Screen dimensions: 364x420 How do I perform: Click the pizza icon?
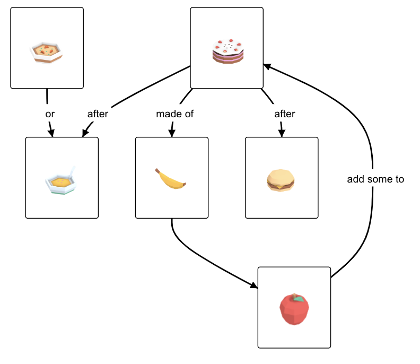point(47,52)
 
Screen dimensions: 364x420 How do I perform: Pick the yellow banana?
point(170,178)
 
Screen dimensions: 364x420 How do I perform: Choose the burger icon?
point(280,180)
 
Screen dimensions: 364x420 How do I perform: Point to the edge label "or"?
point(49,114)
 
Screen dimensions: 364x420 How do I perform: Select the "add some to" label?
point(375,179)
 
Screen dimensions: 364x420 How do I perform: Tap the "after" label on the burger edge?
point(284,114)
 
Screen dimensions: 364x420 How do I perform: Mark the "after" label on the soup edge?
point(98,114)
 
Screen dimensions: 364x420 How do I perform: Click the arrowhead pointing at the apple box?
point(253,286)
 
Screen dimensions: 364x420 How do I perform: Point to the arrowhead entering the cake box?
point(267,66)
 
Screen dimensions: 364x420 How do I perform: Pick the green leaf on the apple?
point(300,299)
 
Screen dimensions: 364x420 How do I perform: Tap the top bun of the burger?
point(280,175)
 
